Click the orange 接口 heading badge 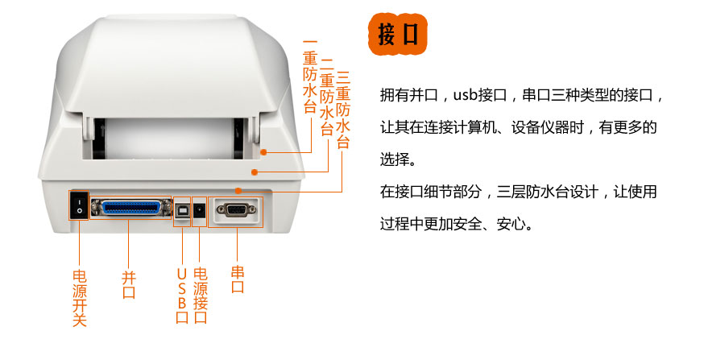(x=397, y=35)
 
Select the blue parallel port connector (x=130, y=208)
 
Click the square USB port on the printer (x=182, y=210)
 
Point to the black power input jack (x=200, y=210)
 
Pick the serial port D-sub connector (x=236, y=209)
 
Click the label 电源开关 (x=80, y=298)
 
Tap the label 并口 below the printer (x=129, y=284)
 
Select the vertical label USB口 (x=182, y=296)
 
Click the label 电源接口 (x=200, y=296)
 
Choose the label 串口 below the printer (x=238, y=279)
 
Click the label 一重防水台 (x=310, y=77)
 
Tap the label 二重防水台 (x=326, y=97)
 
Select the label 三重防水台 (x=342, y=110)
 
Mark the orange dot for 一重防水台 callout (x=263, y=152)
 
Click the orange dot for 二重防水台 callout (x=255, y=172)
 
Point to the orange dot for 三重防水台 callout (x=238, y=191)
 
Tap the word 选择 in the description (x=395, y=159)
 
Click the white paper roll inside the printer (x=170, y=138)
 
